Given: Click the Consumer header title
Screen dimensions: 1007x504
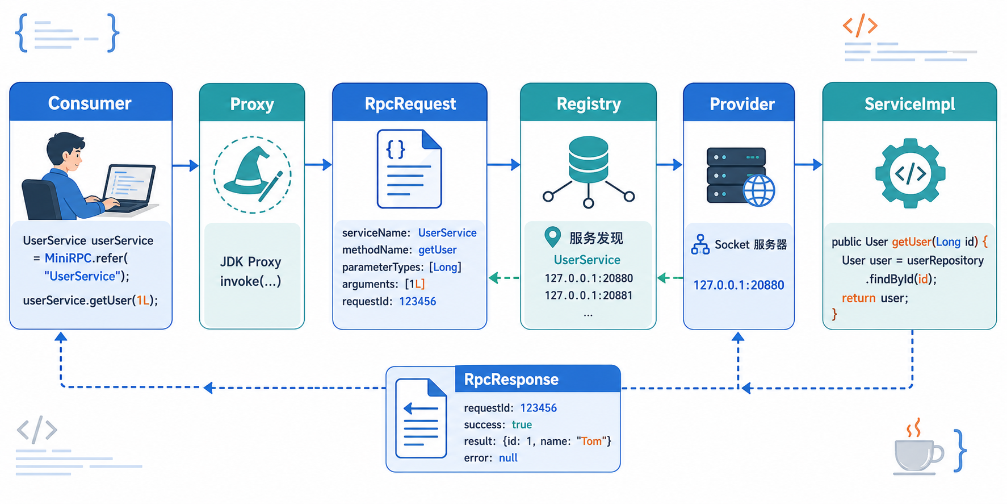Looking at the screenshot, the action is coord(90,103).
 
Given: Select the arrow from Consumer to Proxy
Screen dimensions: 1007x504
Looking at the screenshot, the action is coord(186,165).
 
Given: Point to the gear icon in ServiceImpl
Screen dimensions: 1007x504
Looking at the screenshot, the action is coord(910,173).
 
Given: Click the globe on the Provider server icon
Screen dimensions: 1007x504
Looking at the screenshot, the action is coord(759,190).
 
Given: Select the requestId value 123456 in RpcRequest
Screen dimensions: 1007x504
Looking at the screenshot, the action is coord(417,301).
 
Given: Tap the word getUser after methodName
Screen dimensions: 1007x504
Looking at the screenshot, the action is coord(437,249).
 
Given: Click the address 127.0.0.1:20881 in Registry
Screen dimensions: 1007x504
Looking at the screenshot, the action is coord(589,295).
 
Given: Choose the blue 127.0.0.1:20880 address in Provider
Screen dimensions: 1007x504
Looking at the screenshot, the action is coord(739,285).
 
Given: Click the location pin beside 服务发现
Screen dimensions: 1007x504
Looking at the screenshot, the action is coord(552,237).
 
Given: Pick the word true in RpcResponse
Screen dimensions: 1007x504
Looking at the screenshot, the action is coord(522,424).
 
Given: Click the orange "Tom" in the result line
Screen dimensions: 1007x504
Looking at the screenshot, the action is coord(591,441).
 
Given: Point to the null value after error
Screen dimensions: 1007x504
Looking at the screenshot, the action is coord(508,457).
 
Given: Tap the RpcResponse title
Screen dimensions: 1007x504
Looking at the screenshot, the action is coord(511,379).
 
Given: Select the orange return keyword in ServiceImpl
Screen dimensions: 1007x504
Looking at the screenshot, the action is coord(858,298).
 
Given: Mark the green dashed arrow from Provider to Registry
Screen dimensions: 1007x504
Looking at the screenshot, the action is coord(670,278).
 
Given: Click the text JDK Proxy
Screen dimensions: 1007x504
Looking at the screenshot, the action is coord(250,261).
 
